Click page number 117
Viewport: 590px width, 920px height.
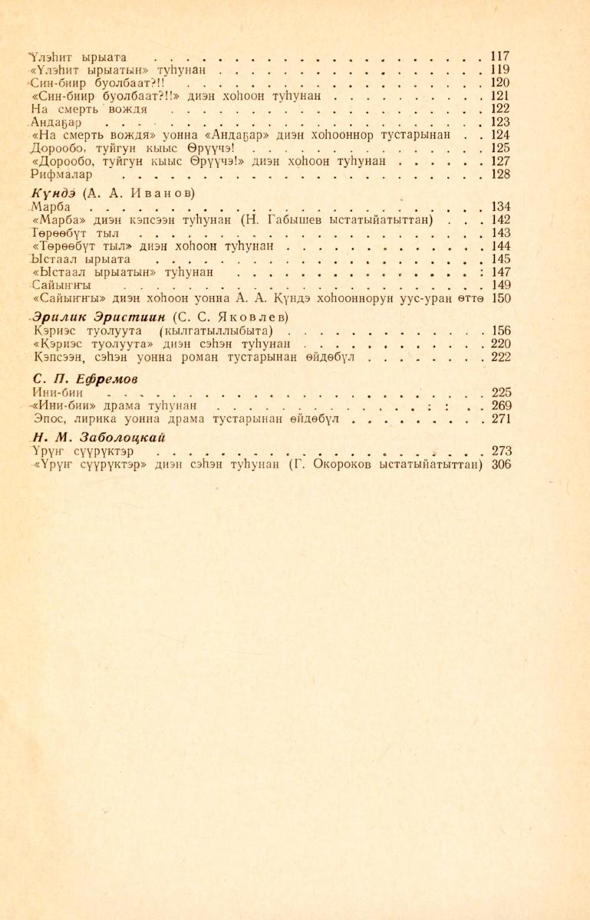tap(499, 57)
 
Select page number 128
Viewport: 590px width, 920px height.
tap(499, 174)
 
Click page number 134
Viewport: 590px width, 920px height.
tap(499, 207)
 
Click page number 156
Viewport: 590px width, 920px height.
tap(500, 331)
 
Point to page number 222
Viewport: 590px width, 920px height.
tap(500, 357)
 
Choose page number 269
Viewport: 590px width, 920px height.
tap(500, 406)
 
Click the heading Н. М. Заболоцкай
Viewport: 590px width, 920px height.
tap(100, 438)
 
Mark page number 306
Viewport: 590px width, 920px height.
tap(500, 465)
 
